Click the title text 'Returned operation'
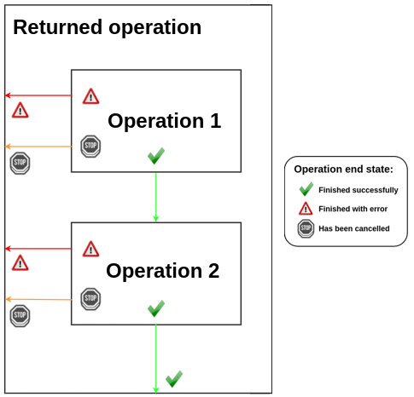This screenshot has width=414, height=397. click(108, 27)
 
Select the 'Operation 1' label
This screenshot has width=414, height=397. click(164, 121)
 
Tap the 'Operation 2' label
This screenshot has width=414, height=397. click(162, 271)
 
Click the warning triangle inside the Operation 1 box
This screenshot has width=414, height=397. click(90, 96)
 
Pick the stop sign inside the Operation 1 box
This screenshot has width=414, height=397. click(90, 147)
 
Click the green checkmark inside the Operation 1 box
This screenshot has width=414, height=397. click(155, 155)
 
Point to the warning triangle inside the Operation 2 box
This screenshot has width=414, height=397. click(90, 249)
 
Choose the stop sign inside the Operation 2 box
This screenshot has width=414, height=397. click(90, 298)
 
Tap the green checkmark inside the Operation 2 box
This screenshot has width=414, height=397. click(155, 308)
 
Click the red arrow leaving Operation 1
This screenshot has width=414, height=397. click(38, 95)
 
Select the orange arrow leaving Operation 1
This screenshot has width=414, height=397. click(38, 147)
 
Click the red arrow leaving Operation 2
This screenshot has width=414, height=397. click(38, 249)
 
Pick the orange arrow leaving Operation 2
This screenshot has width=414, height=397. click(38, 299)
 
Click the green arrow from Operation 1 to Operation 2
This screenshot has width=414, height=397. click(155, 197)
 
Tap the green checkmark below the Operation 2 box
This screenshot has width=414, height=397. click(174, 377)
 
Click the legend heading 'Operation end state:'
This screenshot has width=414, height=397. click(343, 170)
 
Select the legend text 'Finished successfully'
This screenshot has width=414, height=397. click(358, 190)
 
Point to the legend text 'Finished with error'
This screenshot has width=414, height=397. click(353, 209)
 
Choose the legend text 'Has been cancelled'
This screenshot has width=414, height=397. click(353, 228)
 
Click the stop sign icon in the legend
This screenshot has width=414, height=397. click(306, 228)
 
